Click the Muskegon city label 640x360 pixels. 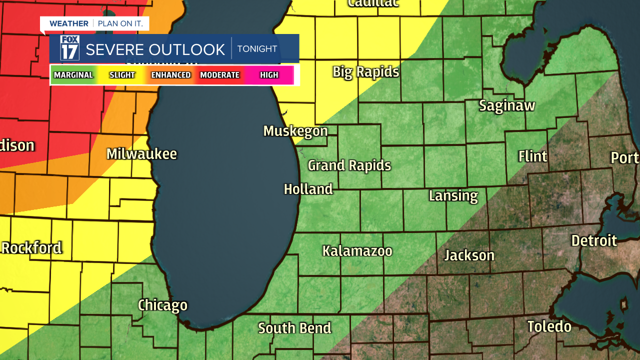[x=295, y=131]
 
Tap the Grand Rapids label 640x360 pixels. [x=349, y=165]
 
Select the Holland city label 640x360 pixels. [x=308, y=189]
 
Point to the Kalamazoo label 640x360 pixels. [x=357, y=250]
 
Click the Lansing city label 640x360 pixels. [x=453, y=195]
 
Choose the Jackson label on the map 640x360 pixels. [x=469, y=255]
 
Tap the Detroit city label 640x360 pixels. [x=594, y=240]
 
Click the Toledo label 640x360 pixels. [x=549, y=326]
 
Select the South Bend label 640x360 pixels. [x=294, y=328]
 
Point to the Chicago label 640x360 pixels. [x=162, y=305]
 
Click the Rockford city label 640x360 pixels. [x=32, y=247]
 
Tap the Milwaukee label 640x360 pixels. [x=141, y=153]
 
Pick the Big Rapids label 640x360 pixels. [x=366, y=72]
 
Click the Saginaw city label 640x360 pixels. [x=507, y=105]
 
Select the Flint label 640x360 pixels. [x=532, y=156]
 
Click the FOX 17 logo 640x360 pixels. [x=69, y=48]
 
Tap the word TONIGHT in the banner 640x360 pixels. [x=257, y=49]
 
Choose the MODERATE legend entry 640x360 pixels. [x=219, y=75]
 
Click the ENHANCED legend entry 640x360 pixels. [x=171, y=75]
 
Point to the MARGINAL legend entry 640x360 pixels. [x=73, y=75]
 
